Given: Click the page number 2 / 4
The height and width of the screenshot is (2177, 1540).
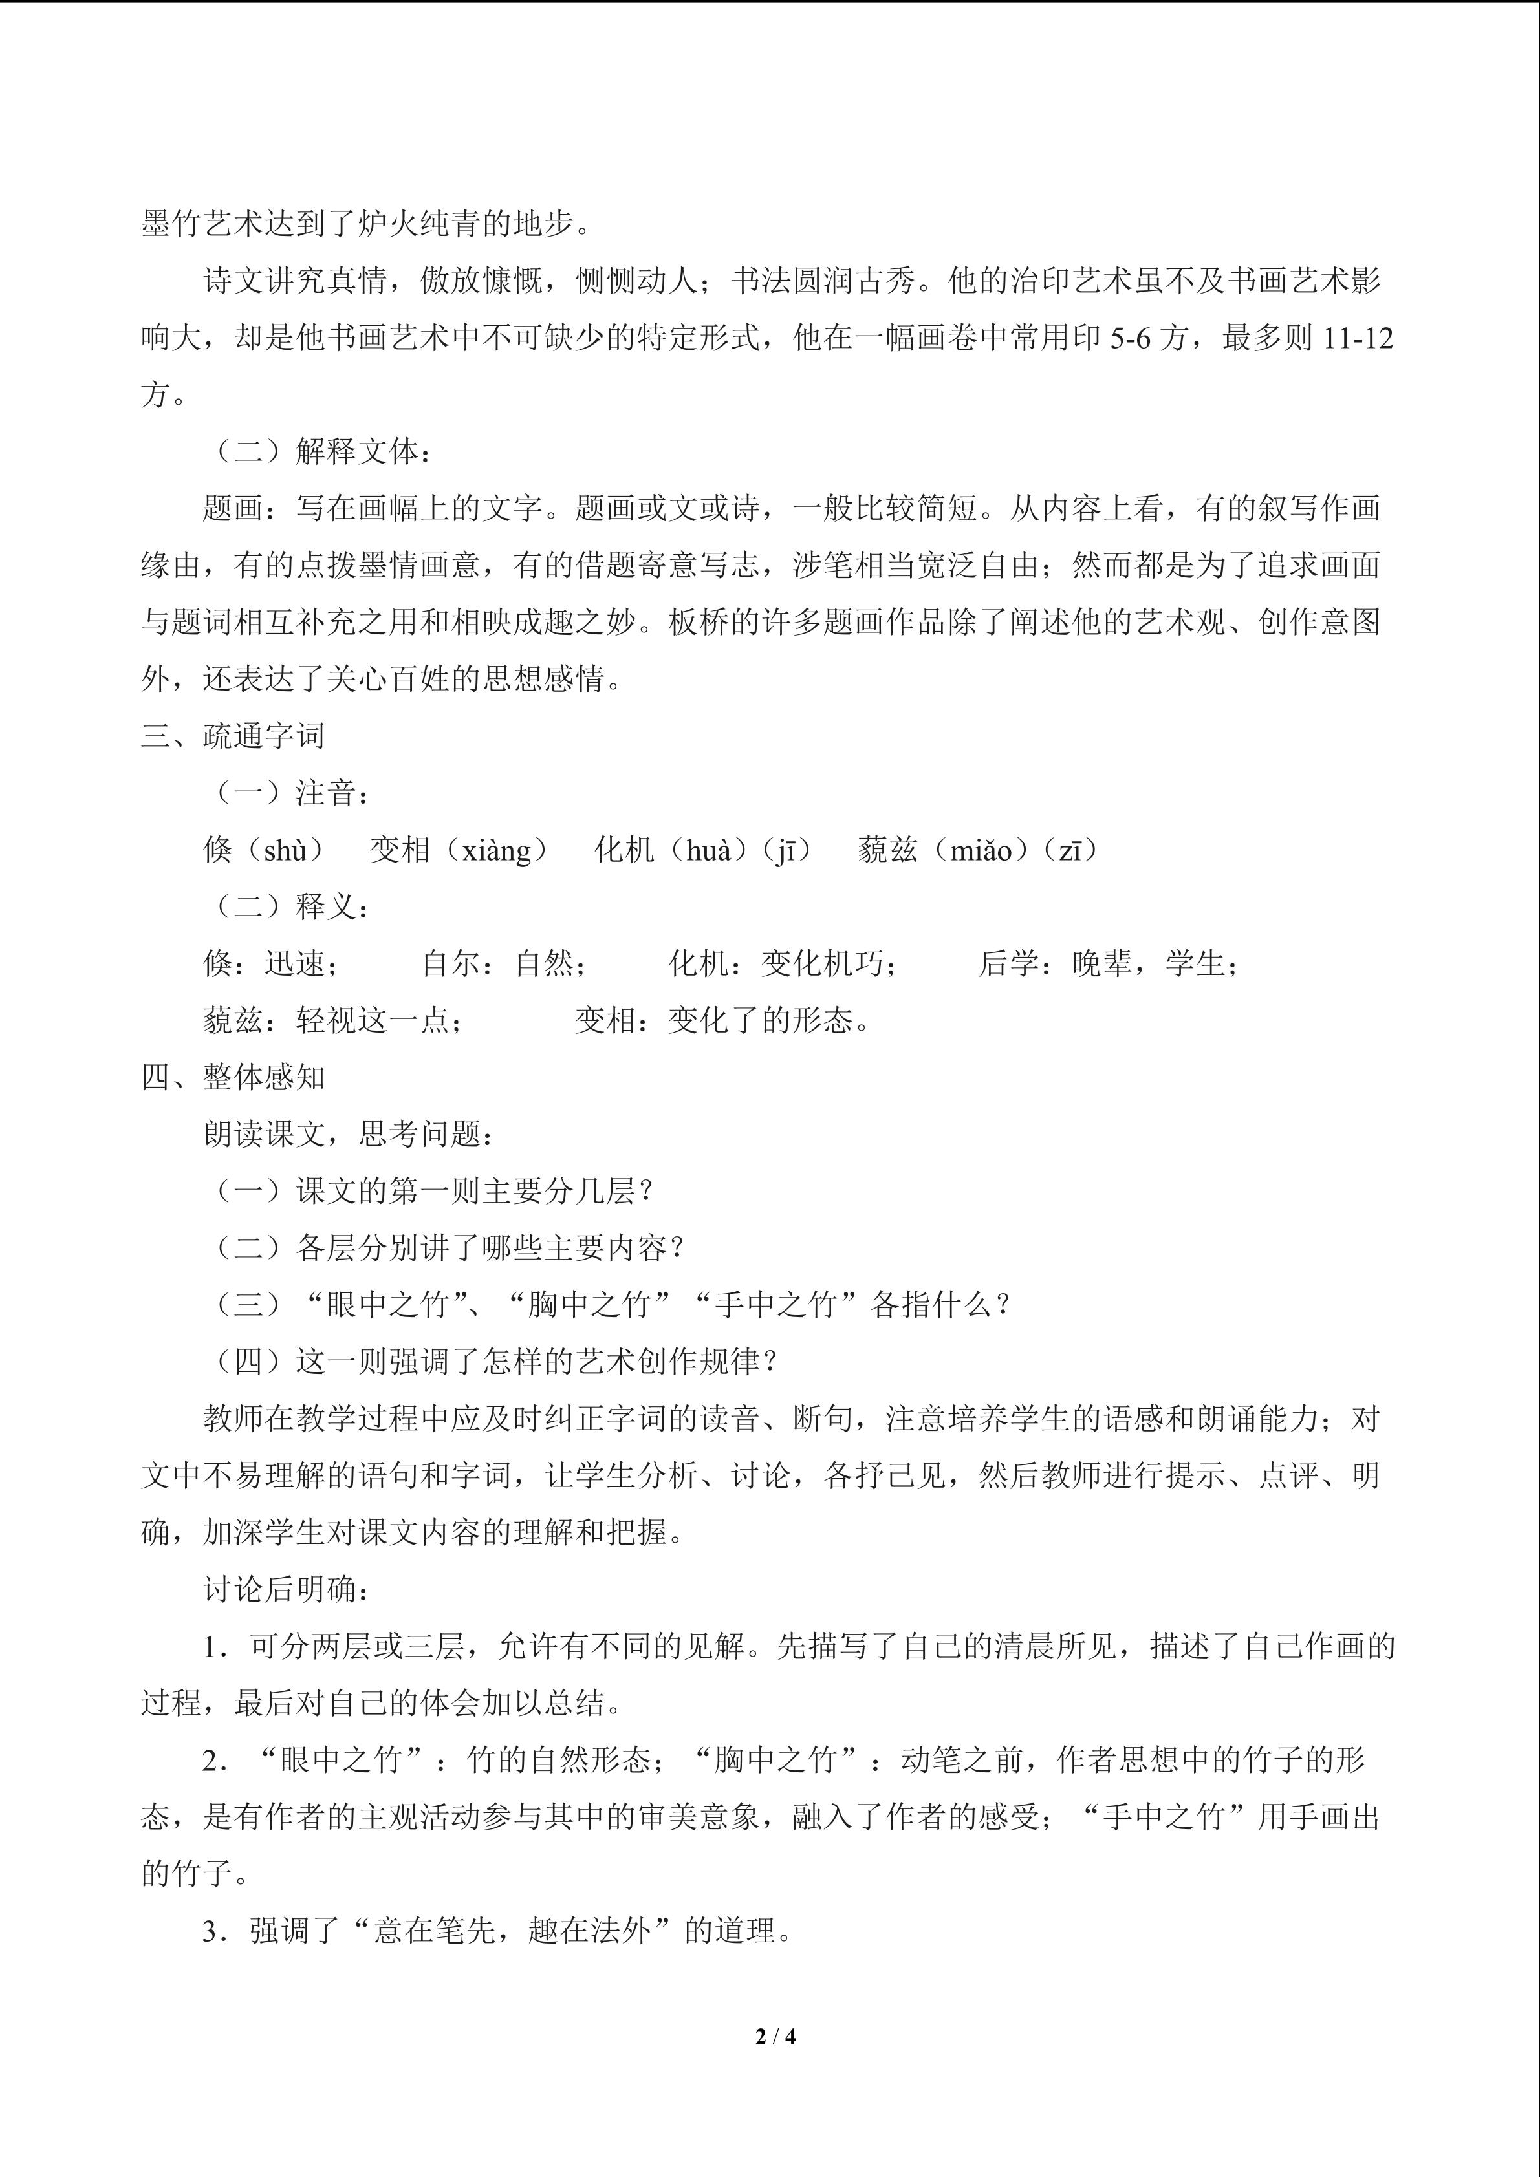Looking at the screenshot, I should tap(775, 2035).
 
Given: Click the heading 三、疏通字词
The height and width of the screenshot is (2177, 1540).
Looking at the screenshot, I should tap(233, 736).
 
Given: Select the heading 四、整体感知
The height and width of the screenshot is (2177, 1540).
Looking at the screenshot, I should tap(233, 1077).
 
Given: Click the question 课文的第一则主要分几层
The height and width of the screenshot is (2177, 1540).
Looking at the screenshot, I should tap(464, 1191).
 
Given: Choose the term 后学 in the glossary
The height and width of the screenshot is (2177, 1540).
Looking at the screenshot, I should tap(1008, 963).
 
